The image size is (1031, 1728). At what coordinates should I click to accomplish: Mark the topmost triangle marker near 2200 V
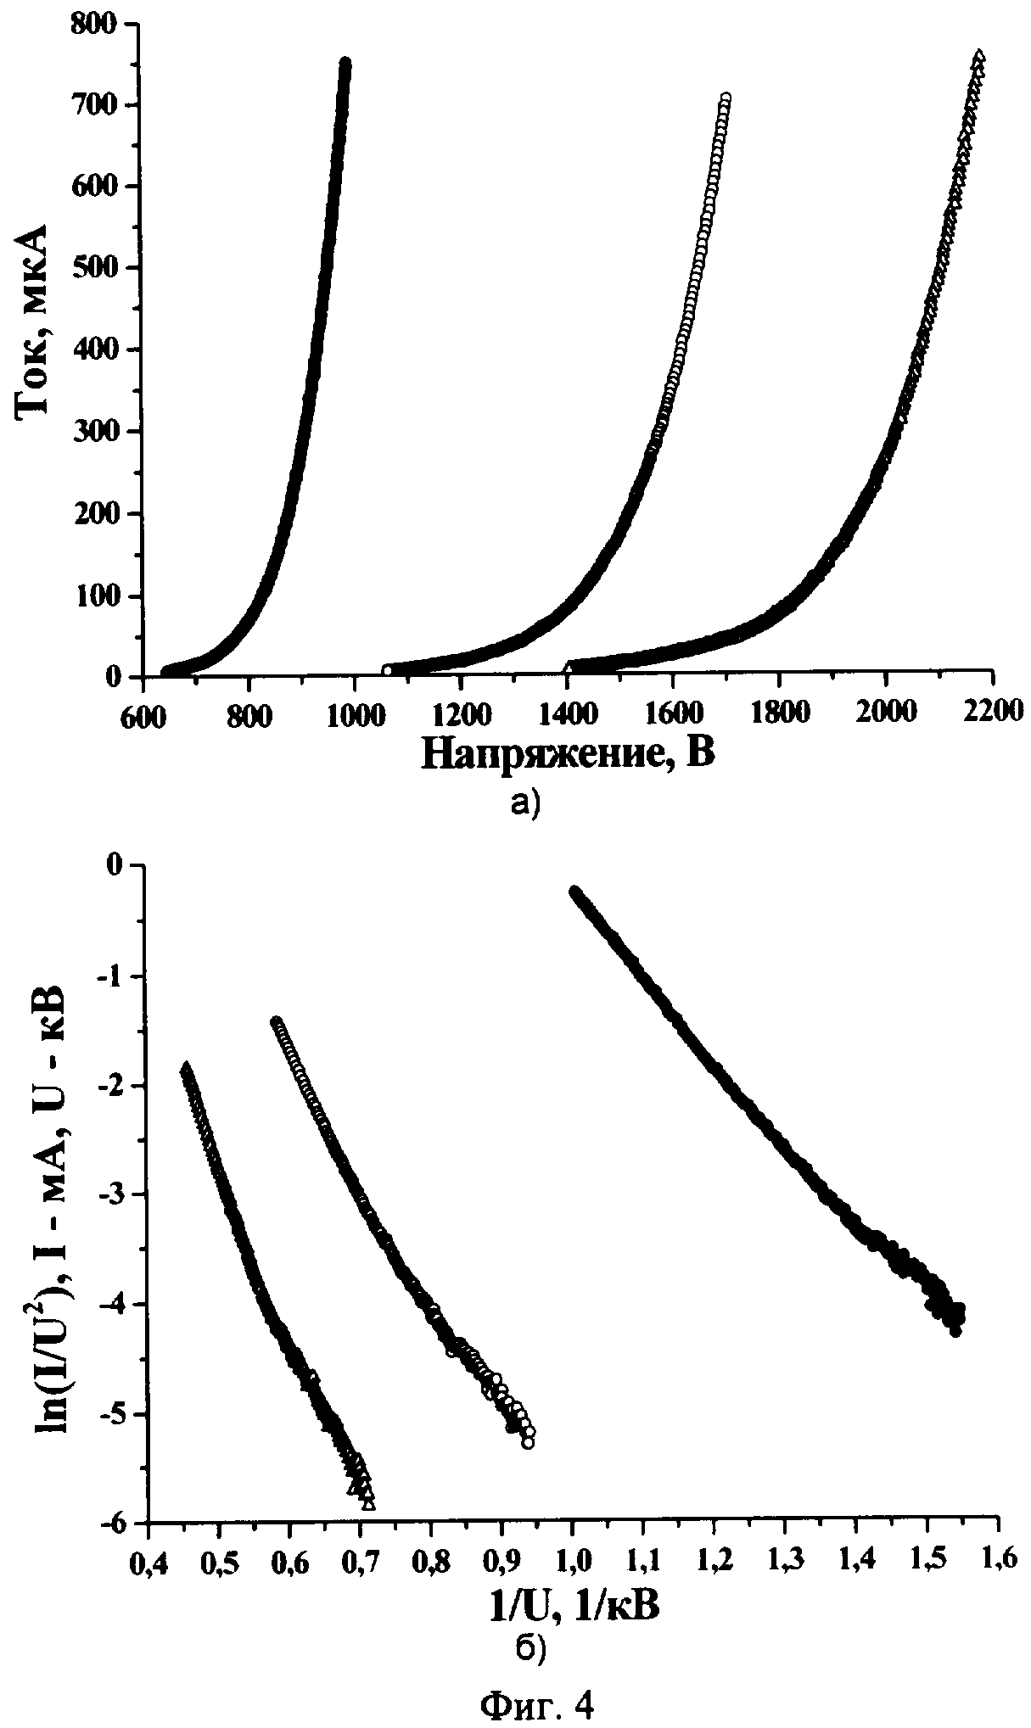pos(980,55)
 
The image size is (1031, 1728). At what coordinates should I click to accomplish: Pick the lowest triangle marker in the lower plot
pos(367,1504)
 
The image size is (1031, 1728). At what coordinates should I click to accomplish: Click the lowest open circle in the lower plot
pos(527,1443)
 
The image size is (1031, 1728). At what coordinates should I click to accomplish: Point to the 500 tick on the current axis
pos(100,267)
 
